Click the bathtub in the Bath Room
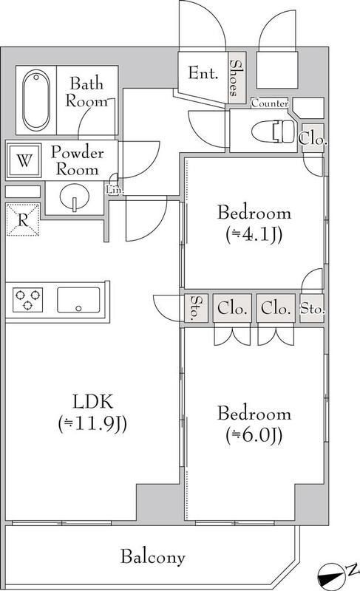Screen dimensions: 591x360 point(34,100)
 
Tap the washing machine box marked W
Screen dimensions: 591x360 point(24,161)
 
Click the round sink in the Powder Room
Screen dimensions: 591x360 point(73,199)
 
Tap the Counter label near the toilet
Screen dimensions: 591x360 point(270,104)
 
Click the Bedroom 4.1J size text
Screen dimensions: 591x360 point(254,236)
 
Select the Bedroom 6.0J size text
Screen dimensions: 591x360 point(254,435)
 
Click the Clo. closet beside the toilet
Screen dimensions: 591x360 point(312,138)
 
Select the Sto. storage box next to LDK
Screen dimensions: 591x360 point(194,308)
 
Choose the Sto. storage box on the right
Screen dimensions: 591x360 point(311,307)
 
